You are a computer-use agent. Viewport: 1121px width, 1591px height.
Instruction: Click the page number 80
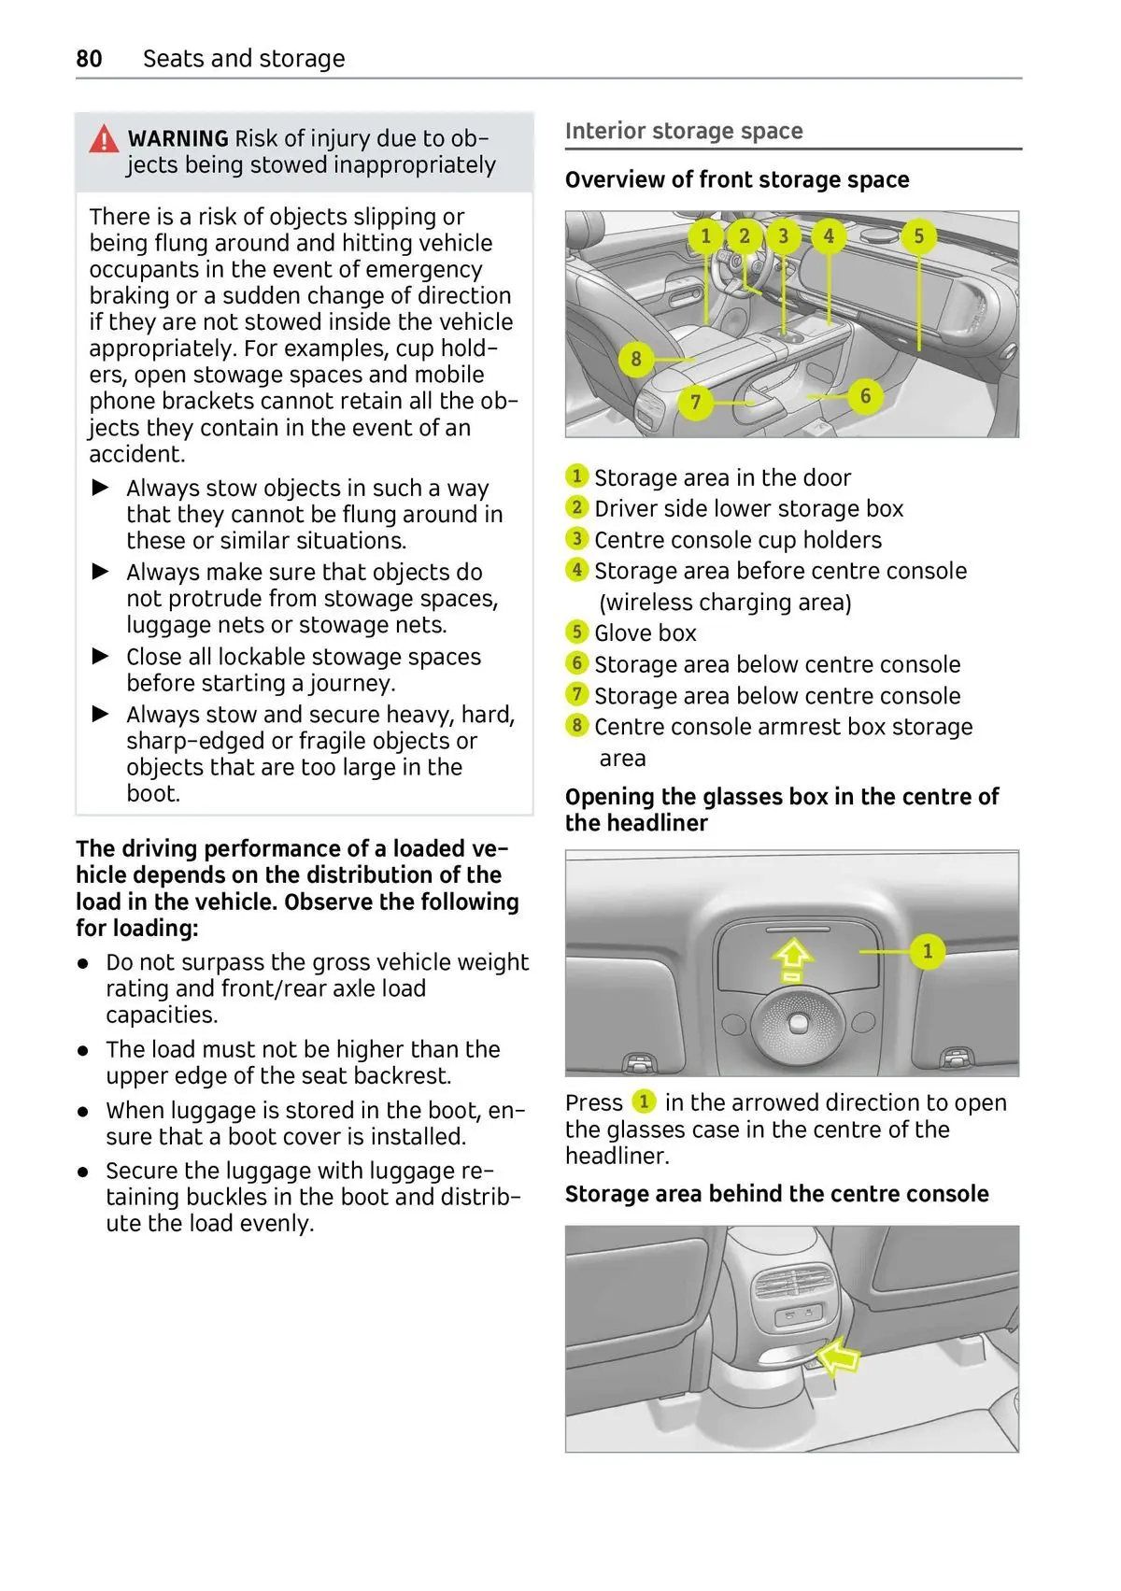click(x=89, y=59)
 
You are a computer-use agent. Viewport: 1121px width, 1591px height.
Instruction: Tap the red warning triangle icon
click(x=104, y=139)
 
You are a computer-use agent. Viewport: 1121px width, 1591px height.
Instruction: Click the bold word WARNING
click(x=177, y=138)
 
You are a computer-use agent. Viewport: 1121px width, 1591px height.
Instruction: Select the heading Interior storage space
click(x=684, y=131)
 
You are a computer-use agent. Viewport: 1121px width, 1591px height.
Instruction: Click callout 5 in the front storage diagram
click(x=918, y=235)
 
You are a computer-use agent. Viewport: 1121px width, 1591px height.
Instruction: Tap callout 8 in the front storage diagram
click(x=636, y=359)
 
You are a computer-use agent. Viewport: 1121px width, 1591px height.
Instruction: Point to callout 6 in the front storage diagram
click(x=865, y=395)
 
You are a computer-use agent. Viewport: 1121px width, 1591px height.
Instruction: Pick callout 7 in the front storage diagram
click(x=695, y=403)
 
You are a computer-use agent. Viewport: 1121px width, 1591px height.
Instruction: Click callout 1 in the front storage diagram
click(x=706, y=235)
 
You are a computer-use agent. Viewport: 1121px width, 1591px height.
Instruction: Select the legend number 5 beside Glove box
click(x=576, y=632)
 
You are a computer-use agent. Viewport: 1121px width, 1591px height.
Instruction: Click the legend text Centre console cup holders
click(x=737, y=540)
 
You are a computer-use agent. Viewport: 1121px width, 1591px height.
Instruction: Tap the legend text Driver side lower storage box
click(x=748, y=508)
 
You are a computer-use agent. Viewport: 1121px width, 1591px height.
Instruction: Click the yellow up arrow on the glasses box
click(x=791, y=960)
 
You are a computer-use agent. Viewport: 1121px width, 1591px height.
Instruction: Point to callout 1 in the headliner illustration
click(x=927, y=951)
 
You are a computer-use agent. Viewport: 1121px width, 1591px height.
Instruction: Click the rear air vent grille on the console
click(x=791, y=1284)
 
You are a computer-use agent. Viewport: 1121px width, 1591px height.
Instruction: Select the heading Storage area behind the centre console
click(x=776, y=1194)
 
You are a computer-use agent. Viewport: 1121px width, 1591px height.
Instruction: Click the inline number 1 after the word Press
click(x=644, y=1101)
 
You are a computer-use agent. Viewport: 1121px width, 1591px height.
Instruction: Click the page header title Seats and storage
click(x=244, y=59)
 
